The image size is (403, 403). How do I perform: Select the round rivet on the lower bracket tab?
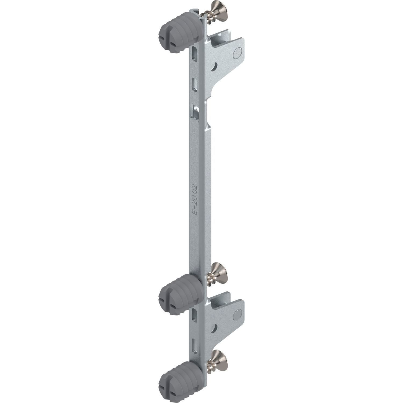[x=238, y=314]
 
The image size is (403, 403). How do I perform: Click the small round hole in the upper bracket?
[x=215, y=66]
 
